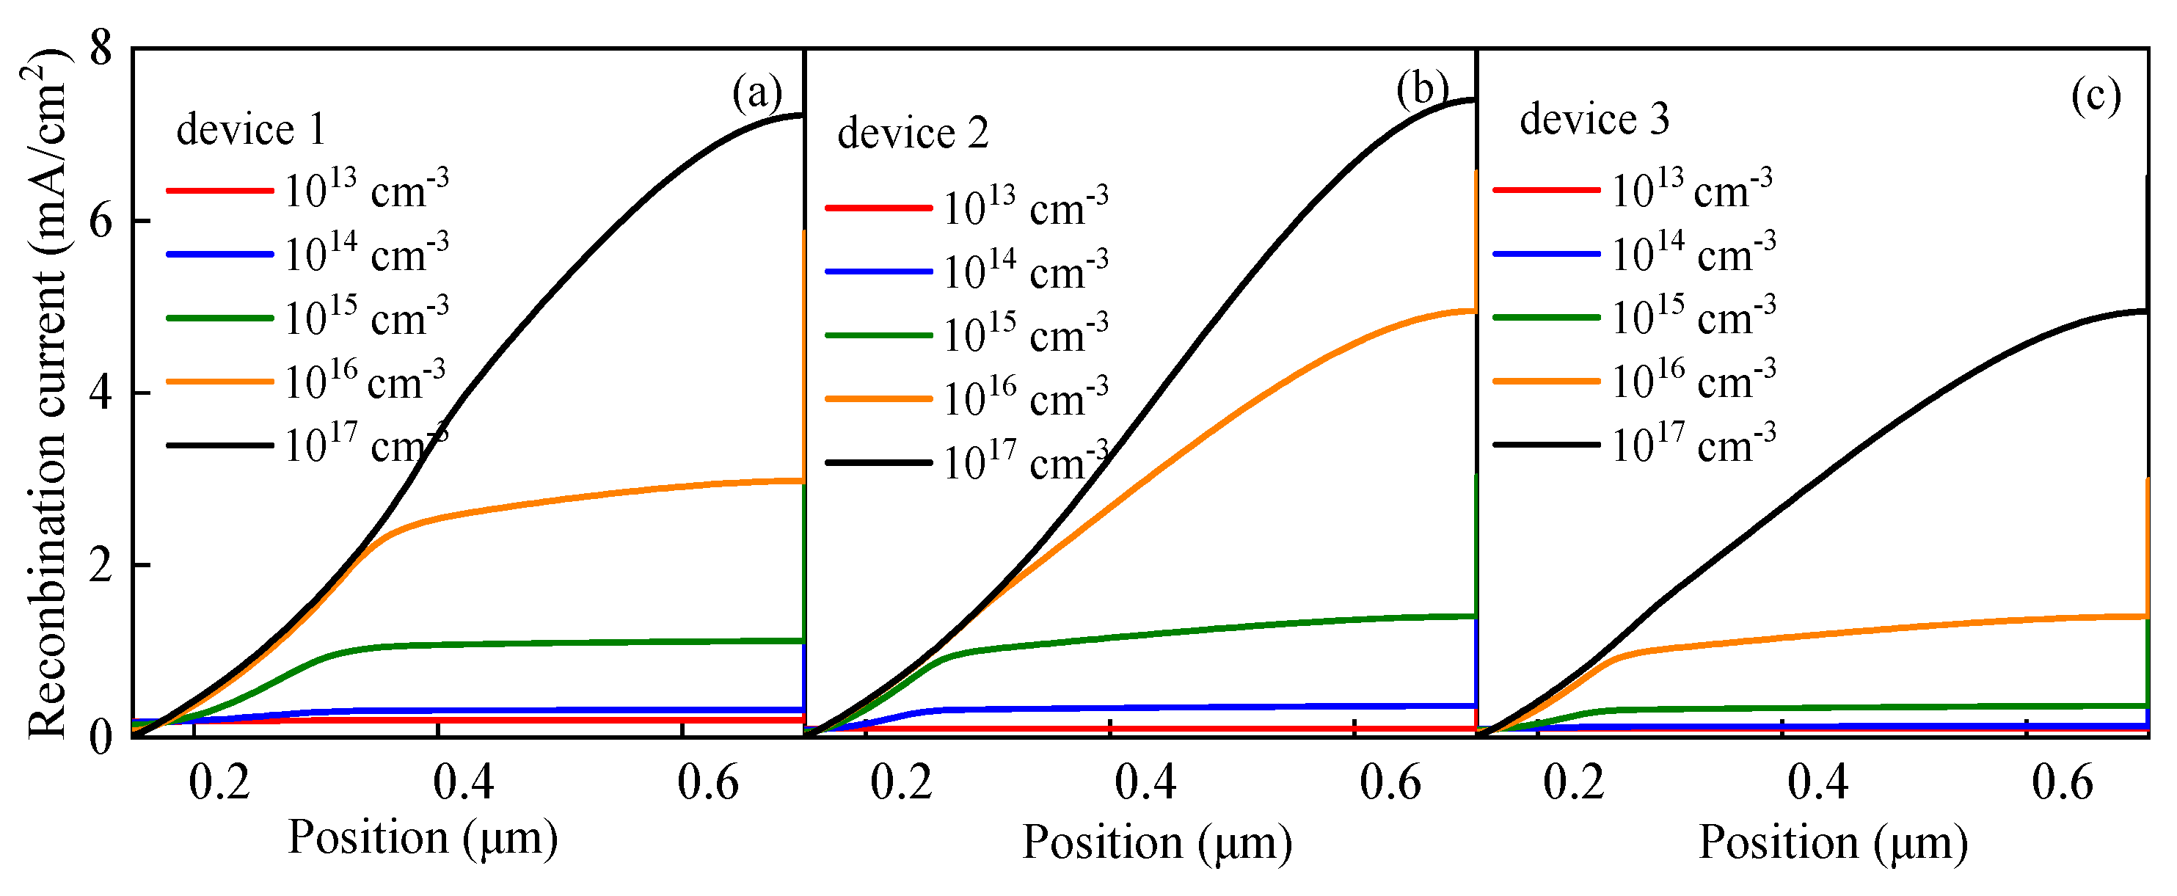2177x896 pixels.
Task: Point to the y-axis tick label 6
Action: (101, 222)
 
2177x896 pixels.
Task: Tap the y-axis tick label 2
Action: (101, 564)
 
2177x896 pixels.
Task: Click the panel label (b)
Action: (1422, 88)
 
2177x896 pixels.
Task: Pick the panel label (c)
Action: (2095, 96)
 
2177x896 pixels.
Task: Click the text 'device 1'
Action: (251, 129)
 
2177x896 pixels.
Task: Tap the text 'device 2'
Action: (912, 133)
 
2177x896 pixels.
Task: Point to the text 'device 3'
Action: (1594, 118)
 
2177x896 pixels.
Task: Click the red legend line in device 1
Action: (219, 191)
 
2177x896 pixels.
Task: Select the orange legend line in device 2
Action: (878, 398)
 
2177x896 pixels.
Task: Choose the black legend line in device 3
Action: (1546, 445)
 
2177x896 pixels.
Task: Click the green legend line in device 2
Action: (878, 335)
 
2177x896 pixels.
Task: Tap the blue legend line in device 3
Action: (1546, 254)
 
